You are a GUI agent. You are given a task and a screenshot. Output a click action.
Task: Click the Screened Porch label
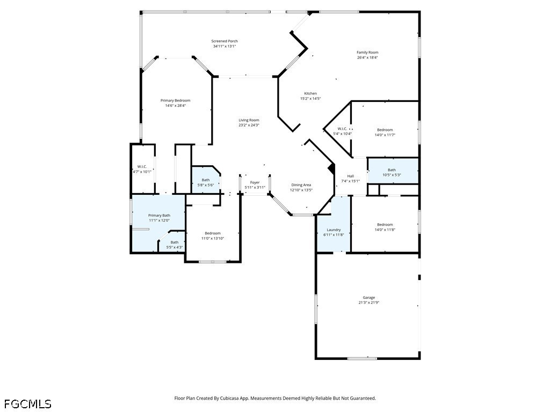click(225, 41)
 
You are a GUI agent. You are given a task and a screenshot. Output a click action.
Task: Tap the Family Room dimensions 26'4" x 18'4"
click(367, 57)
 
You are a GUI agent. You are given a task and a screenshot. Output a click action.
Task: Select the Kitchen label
click(310, 93)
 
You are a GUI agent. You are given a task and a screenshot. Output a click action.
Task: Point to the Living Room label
click(249, 120)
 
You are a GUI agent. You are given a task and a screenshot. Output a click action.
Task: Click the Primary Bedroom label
click(176, 100)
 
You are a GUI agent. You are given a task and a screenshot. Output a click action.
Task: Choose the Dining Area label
click(301, 185)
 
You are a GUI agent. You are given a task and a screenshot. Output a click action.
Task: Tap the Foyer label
click(255, 182)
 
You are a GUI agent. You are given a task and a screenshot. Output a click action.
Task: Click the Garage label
click(369, 297)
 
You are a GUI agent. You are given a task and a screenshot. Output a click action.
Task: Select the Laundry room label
click(334, 230)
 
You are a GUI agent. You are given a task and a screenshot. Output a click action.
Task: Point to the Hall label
click(351, 176)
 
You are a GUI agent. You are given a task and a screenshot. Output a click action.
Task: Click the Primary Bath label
click(159, 216)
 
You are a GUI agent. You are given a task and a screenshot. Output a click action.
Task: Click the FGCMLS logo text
click(28, 404)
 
